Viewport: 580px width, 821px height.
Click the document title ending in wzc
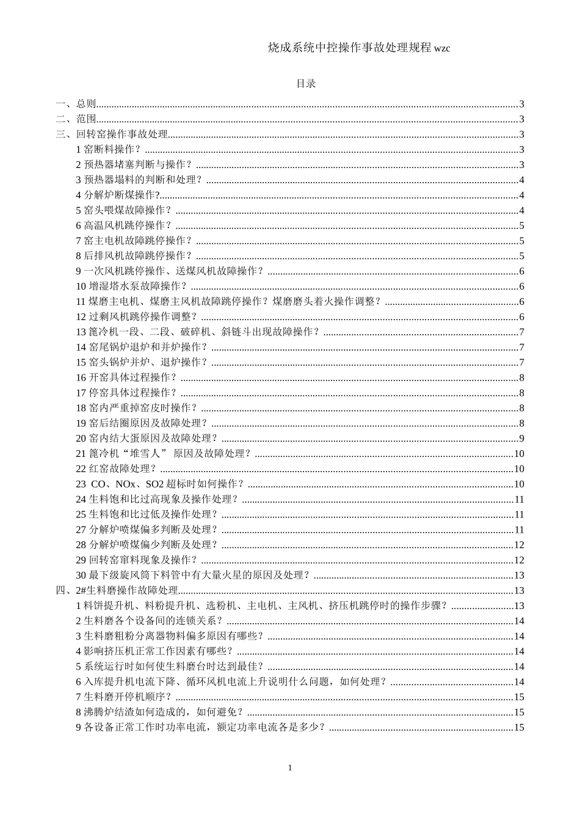pyautogui.click(x=359, y=48)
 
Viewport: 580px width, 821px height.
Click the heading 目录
pyautogui.click(x=305, y=84)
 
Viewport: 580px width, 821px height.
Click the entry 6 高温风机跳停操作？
pyautogui.click(x=124, y=225)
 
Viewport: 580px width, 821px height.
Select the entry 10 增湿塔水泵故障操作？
pyautogui.click(x=131, y=286)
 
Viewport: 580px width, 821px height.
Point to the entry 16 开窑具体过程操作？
pyautogui.click(x=126, y=378)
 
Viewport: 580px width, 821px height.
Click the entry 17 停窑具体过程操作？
pyautogui.click(x=126, y=393)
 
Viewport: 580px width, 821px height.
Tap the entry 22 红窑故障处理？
pyautogui.click(x=116, y=469)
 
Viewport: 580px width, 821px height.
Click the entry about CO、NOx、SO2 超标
pyautogui.click(x=160, y=484)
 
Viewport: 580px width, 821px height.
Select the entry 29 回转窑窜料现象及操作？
pyautogui.click(x=137, y=560)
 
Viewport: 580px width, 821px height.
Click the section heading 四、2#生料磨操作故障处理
pyautogui.click(x=117, y=590)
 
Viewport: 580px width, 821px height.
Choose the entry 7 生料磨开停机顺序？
pyautogui.click(x=124, y=696)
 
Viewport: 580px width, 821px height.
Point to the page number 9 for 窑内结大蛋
pyautogui.click(x=521, y=438)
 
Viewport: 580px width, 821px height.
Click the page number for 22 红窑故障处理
pyautogui.click(x=519, y=469)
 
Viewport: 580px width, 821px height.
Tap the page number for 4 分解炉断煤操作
pyautogui.click(x=521, y=195)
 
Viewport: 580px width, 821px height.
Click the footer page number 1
pyautogui.click(x=290, y=767)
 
